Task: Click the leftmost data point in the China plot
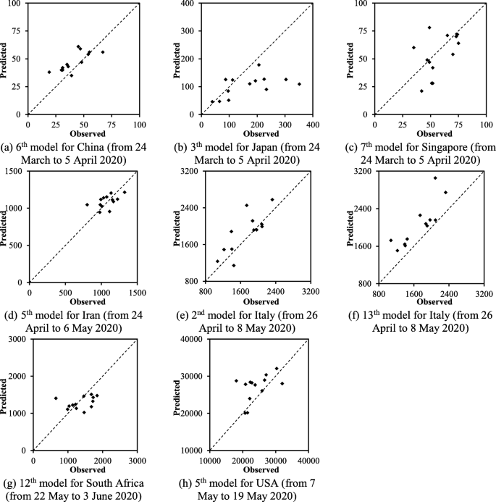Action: click(x=49, y=72)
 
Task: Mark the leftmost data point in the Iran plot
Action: click(x=87, y=204)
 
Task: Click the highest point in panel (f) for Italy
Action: click(x=435, y=177)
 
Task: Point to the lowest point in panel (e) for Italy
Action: click(x=234, y=265)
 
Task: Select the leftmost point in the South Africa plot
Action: click(x=56, y=398)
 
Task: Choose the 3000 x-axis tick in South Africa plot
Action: click(x=138, y=459)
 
